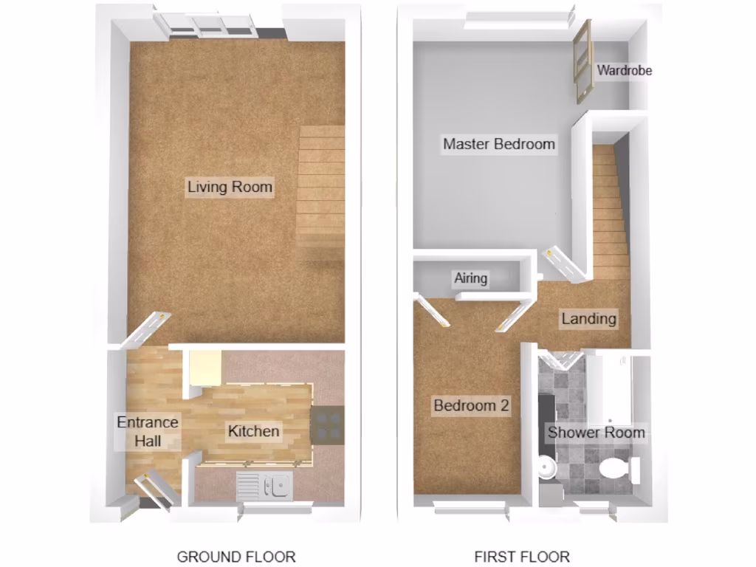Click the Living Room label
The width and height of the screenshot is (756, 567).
(x=230, y=187)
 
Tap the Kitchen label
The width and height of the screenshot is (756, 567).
(x=253, y=431)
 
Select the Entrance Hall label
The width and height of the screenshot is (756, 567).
(x=148, y=432)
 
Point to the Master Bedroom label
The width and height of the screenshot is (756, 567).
(x=499, y=144)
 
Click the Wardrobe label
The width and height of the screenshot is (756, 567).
(x=624, y=71)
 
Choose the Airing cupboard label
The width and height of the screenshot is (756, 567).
(x=470, y=278)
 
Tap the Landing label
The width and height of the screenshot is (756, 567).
(x=588, y=319)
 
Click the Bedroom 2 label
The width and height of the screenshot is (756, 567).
(x=471, y=405)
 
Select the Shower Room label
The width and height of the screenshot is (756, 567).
(x=596, y=433)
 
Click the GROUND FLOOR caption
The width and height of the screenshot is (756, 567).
(x=236, y=557)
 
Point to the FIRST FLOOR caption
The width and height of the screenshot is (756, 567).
(x=522, y=557)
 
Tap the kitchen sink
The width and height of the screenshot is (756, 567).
(x=264, y=486)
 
